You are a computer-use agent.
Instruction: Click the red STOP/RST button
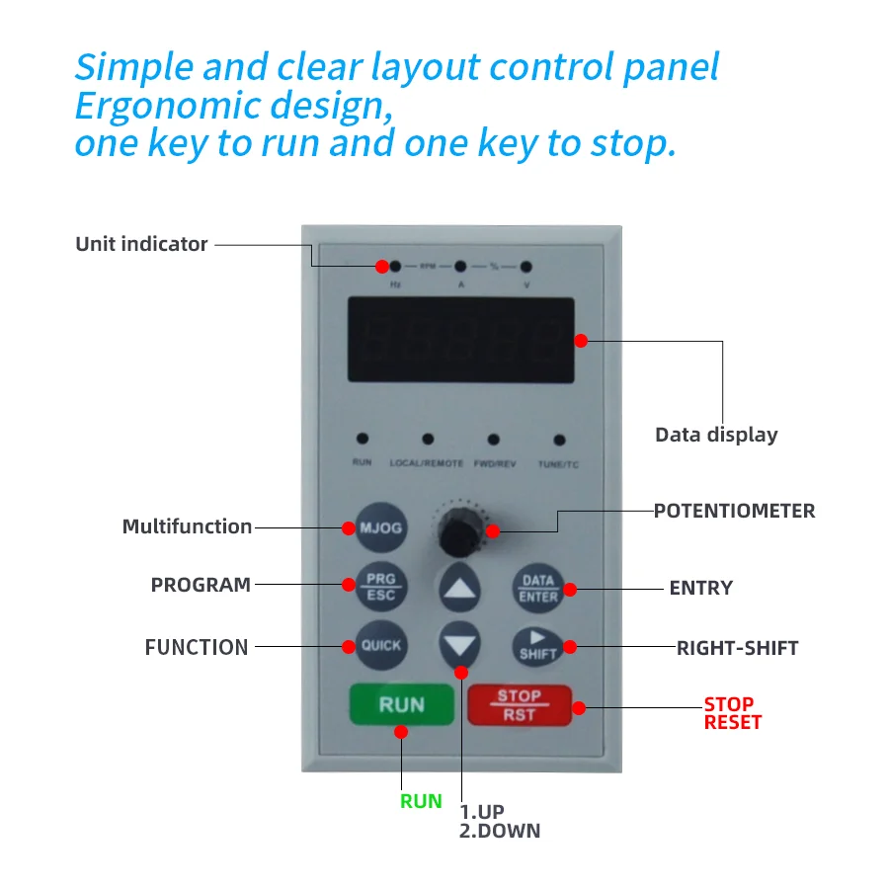point(519,705)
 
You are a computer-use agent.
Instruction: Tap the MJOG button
point(380,527)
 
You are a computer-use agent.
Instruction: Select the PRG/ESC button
point(380,587)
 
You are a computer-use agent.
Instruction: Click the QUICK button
point(380,645)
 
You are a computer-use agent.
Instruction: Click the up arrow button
point(459,589)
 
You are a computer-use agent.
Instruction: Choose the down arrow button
point(459,646)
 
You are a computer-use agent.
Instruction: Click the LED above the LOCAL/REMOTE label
point(428,440)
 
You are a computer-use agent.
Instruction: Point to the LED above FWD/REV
point(493,440)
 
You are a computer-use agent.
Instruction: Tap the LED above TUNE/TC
point(559,440)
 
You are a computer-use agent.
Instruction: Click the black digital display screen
point(460,339)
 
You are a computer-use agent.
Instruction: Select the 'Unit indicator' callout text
point(141,244)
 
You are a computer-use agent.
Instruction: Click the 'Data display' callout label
point(716,435)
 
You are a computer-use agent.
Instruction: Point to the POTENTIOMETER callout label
point(734,511)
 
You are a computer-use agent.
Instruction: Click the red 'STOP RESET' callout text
point(732,713)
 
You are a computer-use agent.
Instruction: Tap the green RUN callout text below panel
point(421,801)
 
